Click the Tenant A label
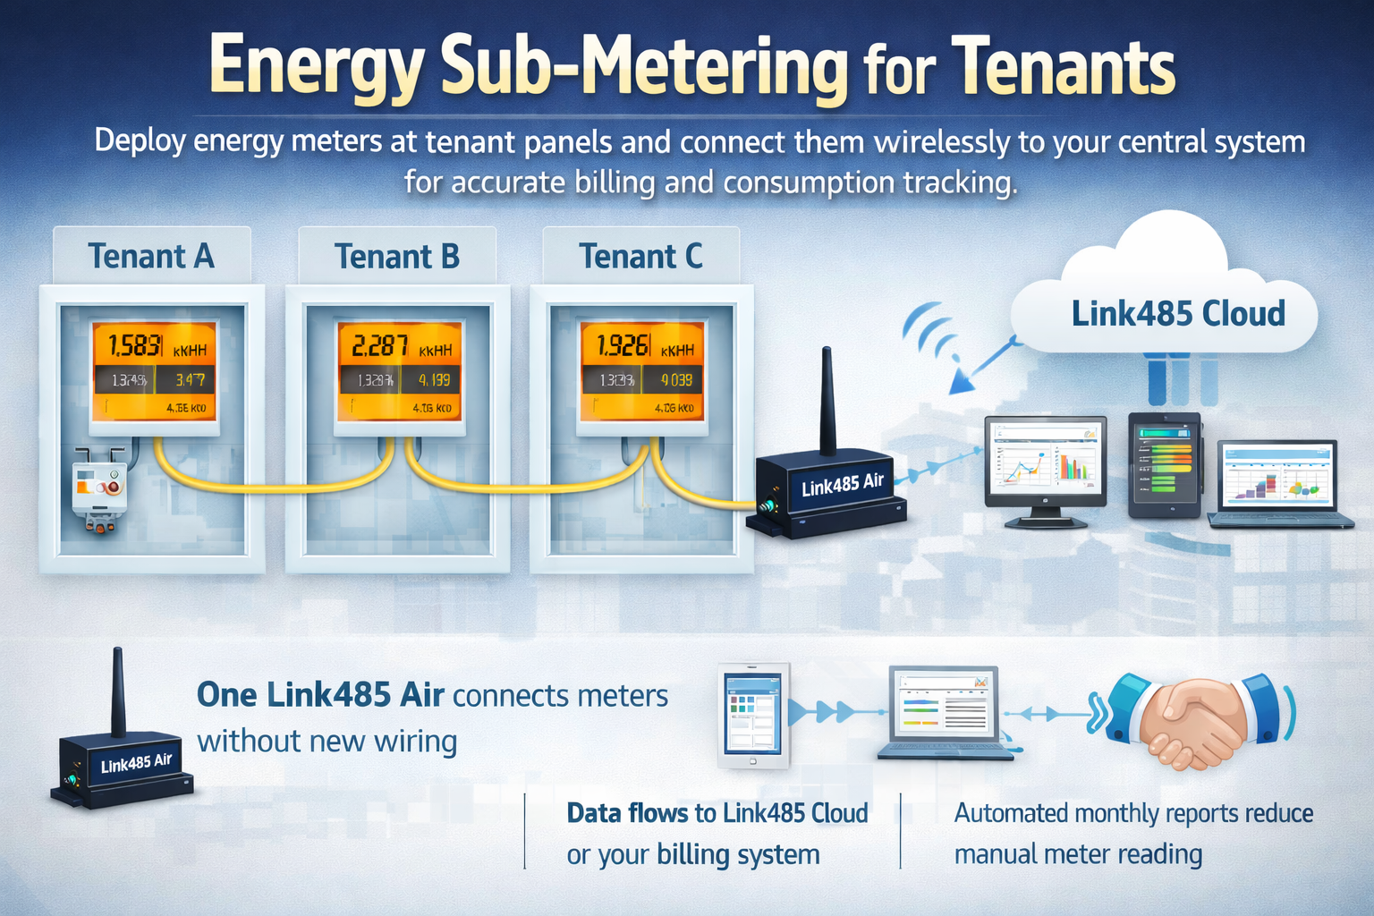click(x=150, y=257)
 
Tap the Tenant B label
click(x=396, y=257)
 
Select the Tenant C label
click(x=640, y=257)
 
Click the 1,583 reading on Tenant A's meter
click(x=135, y=345)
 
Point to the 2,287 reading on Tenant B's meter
click(x=380, y=345)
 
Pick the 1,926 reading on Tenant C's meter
click(x=623, y=345)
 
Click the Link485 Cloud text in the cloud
click(x=1177, y=314)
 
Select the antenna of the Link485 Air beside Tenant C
click(x=827, y=403)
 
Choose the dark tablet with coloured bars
click(x=1164, y=465)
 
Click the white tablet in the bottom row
click(x=753, y=716)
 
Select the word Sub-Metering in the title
click(x=644, y=68)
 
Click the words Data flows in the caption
click(x=628, y=813)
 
